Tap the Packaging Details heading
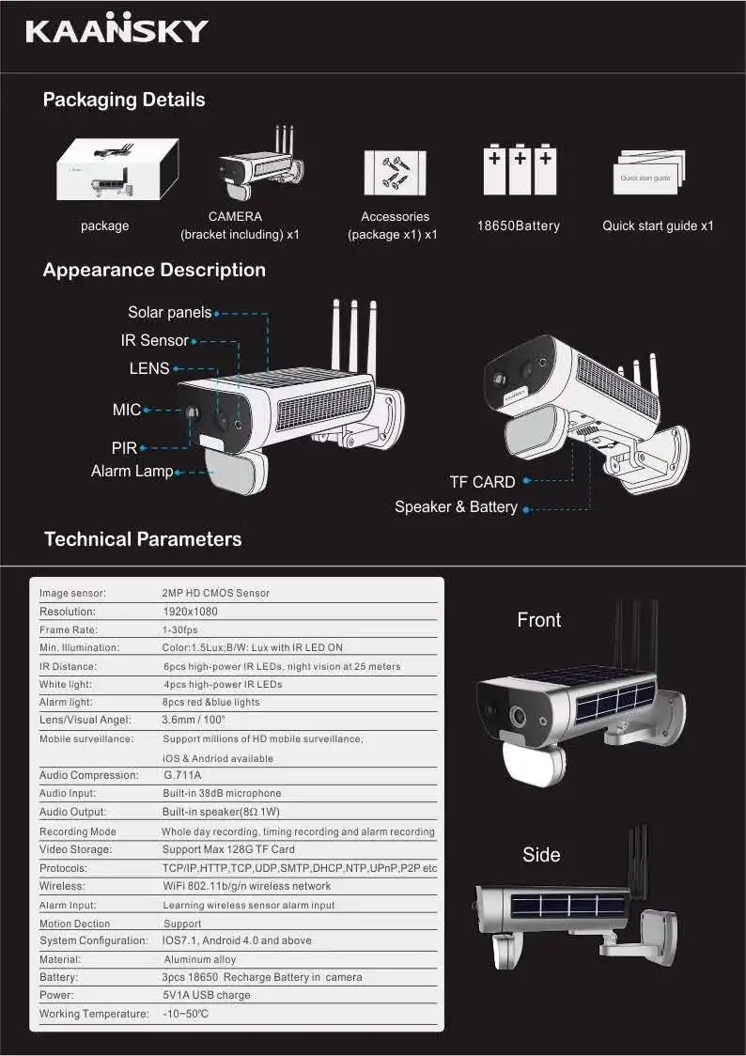coord(124,100)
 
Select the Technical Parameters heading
coord(143,539)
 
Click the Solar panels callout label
coord(170,313)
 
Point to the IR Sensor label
coord(155,340)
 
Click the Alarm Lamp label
coord(132,471)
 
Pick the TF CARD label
coord(482,482)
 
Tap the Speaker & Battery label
coord(456,507)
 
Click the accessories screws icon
coord(395,172)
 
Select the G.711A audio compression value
coord(182,775)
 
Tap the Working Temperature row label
coord(94,1014)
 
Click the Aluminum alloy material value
coord(200,960)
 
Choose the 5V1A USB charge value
coord(207,995)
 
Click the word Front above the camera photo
coord(539,620)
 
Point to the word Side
coord(541,855)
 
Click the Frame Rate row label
coord(69,629)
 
